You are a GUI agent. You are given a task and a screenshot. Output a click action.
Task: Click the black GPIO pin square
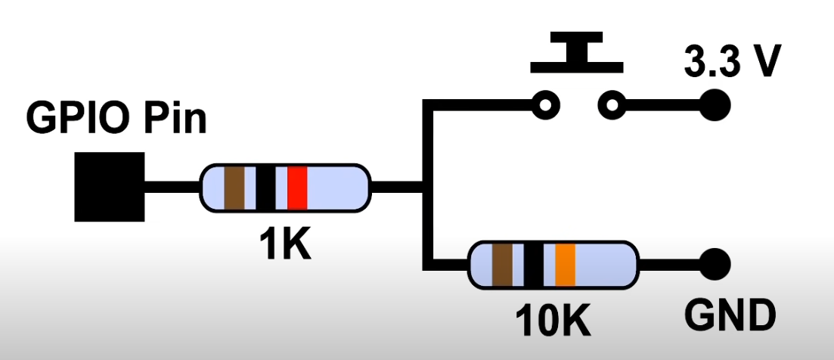coord(109,186)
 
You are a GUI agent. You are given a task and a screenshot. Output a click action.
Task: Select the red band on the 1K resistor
coord(297,187)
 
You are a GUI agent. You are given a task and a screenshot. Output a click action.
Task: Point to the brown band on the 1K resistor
coord(234,187)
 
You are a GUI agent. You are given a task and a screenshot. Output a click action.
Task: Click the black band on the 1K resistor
coord(265,187)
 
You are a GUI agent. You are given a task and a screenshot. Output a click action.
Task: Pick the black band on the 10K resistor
coord(534,265)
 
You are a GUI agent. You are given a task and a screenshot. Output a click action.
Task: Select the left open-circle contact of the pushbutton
coord(545,104)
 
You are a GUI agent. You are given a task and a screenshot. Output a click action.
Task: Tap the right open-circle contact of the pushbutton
coord(612,104)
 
